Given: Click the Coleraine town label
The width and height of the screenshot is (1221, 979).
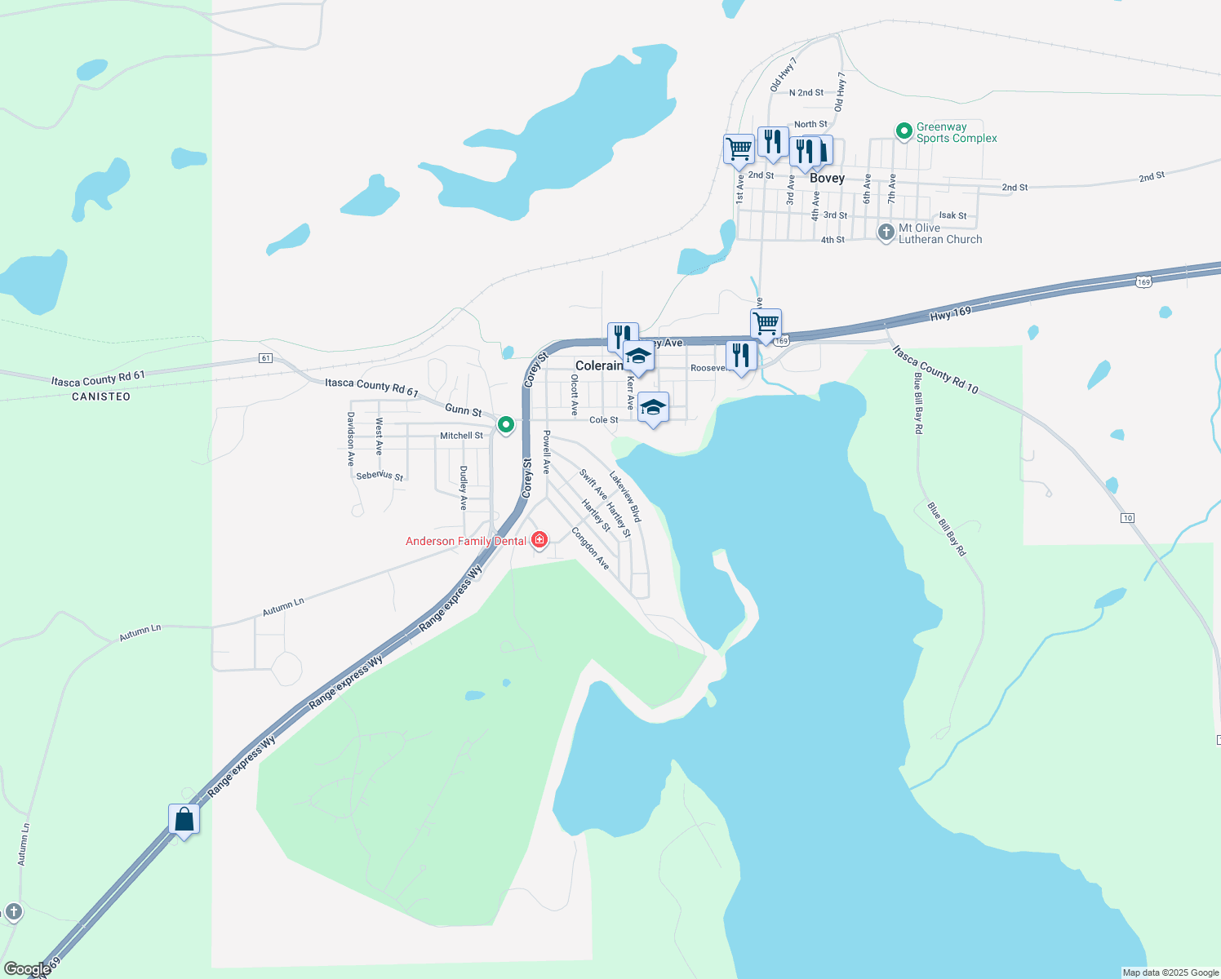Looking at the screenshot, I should tap(599, 365).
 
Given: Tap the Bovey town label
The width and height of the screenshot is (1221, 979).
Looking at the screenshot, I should tap(827, 178).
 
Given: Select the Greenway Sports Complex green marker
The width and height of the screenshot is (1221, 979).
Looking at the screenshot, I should tap(904, 131).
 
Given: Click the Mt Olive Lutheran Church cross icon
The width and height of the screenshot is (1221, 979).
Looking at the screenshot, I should tap(886, 233).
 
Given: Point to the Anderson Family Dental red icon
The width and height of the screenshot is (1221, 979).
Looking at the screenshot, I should tap(539, 540).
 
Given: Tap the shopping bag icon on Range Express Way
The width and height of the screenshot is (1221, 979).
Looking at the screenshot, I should tap(184, 819).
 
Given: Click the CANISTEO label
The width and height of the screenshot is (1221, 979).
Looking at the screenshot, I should tap(101, 396).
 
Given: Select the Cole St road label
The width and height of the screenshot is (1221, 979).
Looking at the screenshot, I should tap(604, 420).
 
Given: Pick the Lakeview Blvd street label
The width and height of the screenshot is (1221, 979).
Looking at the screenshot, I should tap(625, 497).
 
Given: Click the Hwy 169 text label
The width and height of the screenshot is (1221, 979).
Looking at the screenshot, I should tap(951, 312).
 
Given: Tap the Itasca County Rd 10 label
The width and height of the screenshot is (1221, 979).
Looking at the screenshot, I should tap(935, 370).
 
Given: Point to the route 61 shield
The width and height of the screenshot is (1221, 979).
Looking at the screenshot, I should tap(265, 358).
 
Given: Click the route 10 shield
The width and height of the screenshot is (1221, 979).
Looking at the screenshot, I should tap(1127, 518).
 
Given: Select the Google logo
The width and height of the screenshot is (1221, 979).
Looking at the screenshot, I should tap(26, 969).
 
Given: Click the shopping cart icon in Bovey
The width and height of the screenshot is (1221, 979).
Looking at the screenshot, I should tap(739, 149).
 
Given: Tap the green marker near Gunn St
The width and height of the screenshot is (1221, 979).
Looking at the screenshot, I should tap(506, 424).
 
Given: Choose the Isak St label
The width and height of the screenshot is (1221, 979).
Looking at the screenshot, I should tap(952, 216).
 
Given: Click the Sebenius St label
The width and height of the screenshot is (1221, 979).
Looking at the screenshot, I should tap(380, 475).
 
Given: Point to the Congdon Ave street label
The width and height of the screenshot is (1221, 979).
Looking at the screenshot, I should tap(590, 548).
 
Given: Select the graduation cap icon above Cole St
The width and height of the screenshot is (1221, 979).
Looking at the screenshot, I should tap(652, 407).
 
